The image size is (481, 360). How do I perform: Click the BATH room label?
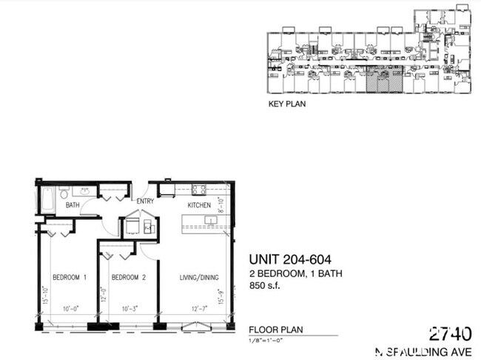pyautogui.click(x=73, y=205)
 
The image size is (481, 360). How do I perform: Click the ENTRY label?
pyautogui.click(x=144, y=201)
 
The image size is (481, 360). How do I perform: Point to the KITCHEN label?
pyautogui.click(x=199, y=205)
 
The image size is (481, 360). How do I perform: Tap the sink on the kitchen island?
pyautogui.click(x=209, y=220)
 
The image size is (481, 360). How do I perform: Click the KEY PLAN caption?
pyautogui.click(x=286, y=104)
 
